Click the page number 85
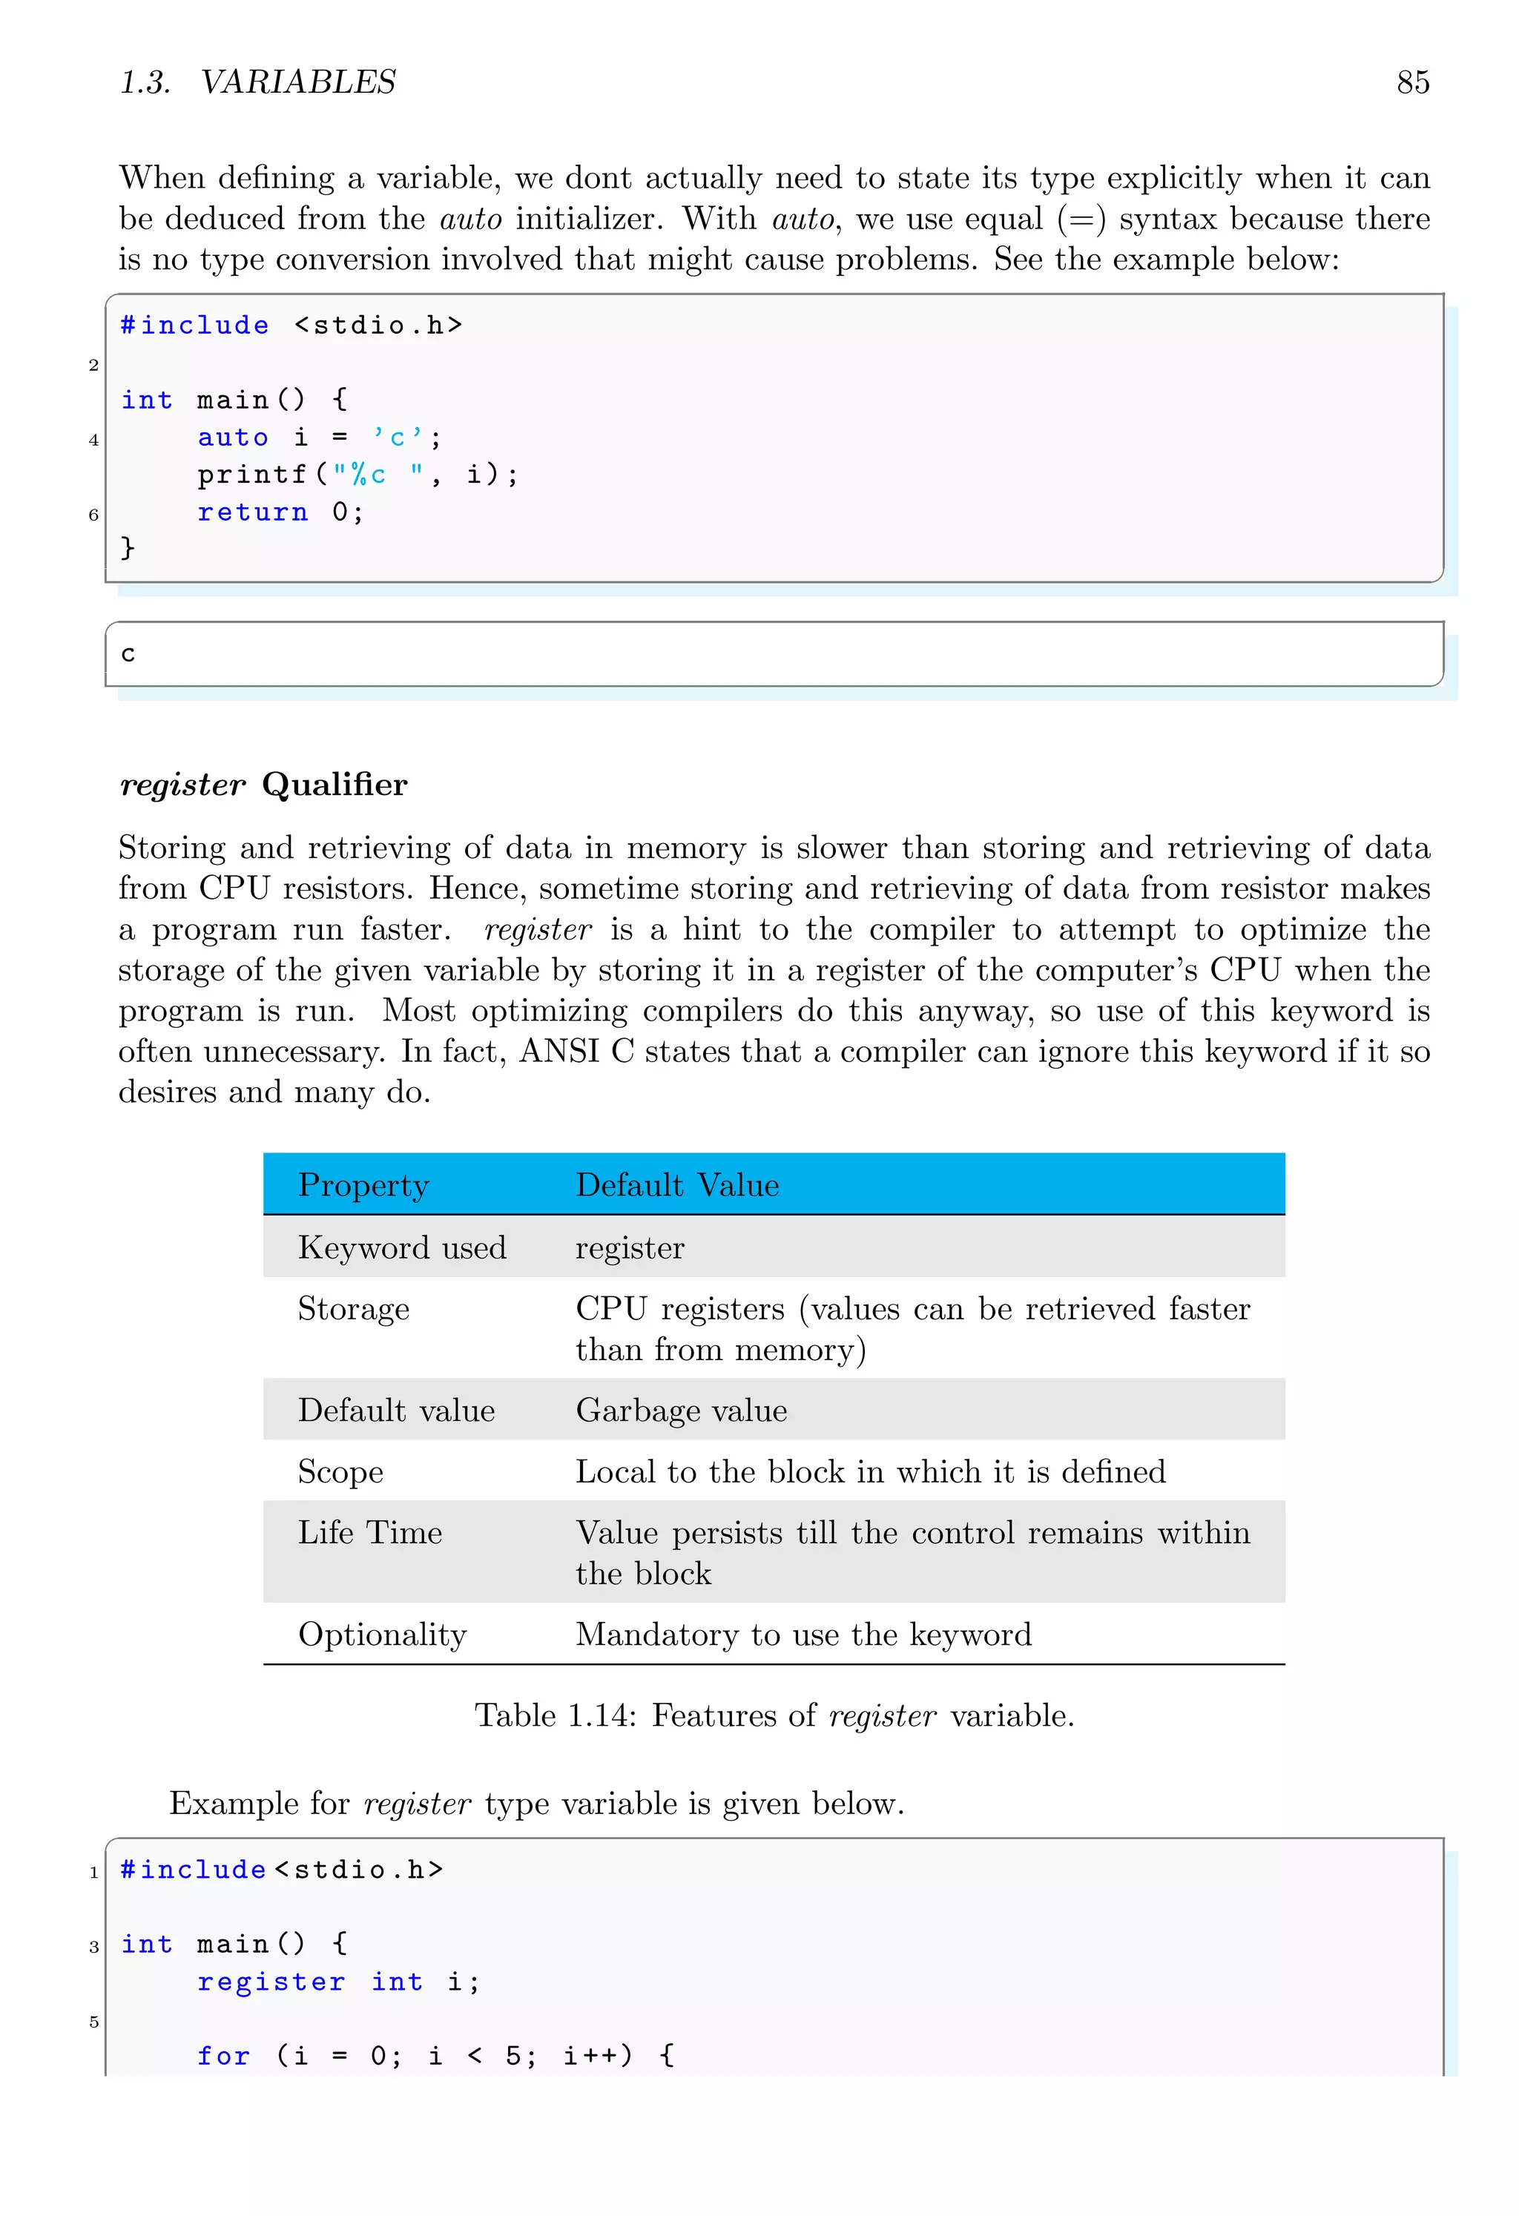pos(1412,83)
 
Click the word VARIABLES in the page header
pos(297,83)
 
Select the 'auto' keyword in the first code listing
pos(233,438)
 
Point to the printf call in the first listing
pos(251,475)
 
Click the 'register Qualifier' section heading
pos(263,784)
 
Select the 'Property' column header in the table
pos(363,1185)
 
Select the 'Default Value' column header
pos(677,1185)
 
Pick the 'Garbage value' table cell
pos(681,1411)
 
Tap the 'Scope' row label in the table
pos(340,1472)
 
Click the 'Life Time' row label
pos(370,1532)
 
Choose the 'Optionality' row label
pos(383,1635)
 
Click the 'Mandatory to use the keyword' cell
pos(803,1635)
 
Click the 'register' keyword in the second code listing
pos(271,1982)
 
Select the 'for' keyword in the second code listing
pos(223,2056)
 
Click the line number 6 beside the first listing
pos(93,515)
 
